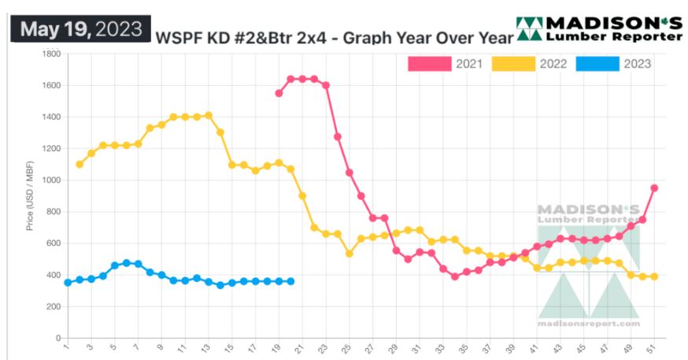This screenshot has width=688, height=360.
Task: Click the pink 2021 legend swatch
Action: pyautogui.click(x=429, y=64)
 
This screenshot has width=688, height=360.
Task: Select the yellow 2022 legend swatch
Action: pyautogui.click(x=513, y=64)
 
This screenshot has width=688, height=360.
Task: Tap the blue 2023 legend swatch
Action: pyautogui.click(x=597, y=64)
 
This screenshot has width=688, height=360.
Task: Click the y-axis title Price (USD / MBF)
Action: pyautogui.click(x=30, y=195)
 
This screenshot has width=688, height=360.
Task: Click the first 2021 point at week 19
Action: pyautogui.click(x=279, y=93)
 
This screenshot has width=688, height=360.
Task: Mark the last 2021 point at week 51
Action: pyautogui.click(x=654, y=188)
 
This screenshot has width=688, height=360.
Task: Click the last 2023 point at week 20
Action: pyautogui.click(x=290, y=281)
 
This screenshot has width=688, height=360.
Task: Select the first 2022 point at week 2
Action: pyautogui.click(x=80, y=164)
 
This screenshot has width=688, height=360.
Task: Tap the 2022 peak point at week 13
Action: pyautogui.click(x=209, y=116)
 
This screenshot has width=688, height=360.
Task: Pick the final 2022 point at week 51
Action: pyautogui.click(x=654, y=276)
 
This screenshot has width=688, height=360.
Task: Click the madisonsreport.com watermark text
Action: pyautogui.click(x=589, y=323)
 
